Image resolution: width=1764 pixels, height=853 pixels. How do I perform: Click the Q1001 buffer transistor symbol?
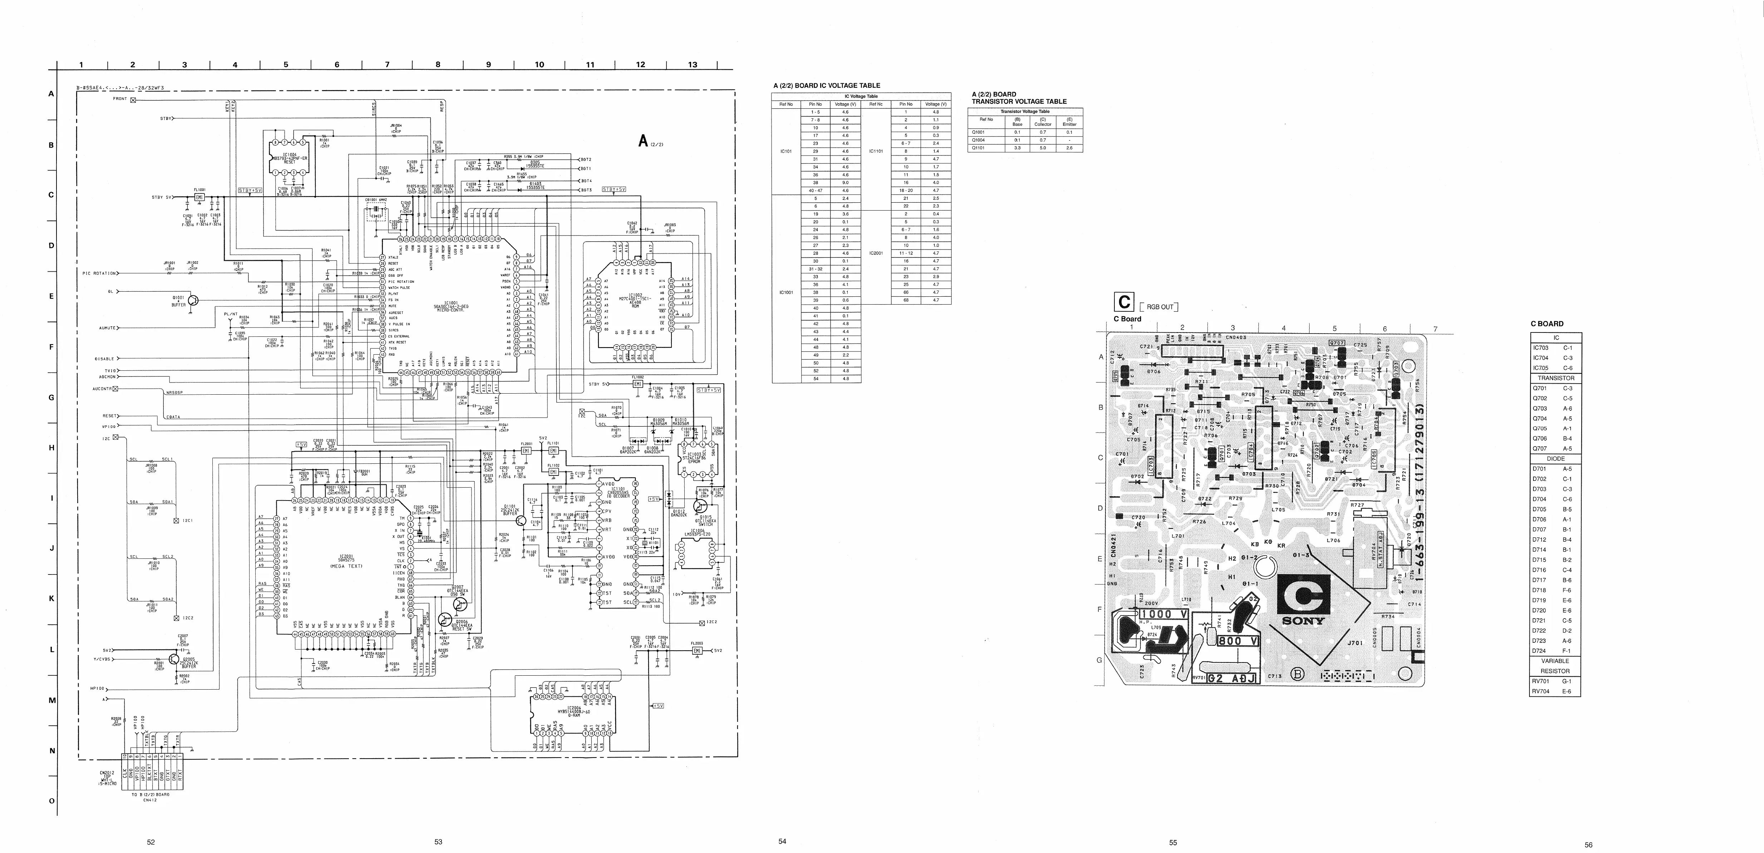(x=194, y=300)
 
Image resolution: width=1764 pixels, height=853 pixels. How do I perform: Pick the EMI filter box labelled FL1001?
(x=199, y=197)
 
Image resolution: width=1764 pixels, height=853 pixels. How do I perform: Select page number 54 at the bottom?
(x=782, y=841)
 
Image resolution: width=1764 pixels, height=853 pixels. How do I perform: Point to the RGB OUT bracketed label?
(x=1160, y=307)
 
